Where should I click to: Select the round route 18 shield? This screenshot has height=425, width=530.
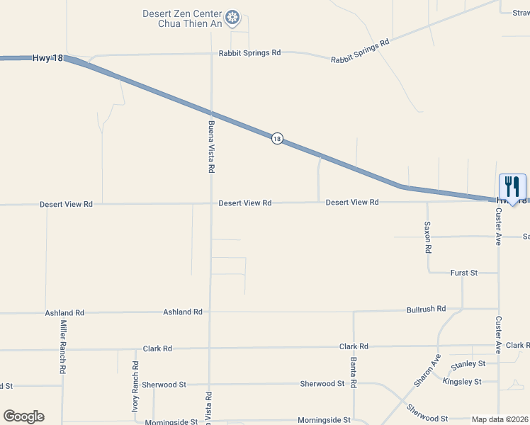pos(277,139)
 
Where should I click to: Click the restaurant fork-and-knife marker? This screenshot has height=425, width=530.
pos(512,188)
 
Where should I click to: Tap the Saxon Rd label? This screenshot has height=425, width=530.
pos(427,237)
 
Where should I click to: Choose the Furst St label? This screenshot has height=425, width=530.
pos(464,273)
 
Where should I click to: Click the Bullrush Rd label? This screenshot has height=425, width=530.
pos(426,309)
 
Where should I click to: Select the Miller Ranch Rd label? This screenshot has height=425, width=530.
pos(63,347)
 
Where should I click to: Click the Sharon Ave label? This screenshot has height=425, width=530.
pos(427,370)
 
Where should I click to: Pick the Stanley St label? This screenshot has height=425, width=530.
pos(468,363)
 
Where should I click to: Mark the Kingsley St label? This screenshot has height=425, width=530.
pos(461,381)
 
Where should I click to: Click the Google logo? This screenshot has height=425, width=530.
pos(24,416)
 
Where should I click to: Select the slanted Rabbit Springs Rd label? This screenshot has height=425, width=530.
pos(360,52)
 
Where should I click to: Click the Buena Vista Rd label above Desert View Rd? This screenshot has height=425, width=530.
pos(210,147)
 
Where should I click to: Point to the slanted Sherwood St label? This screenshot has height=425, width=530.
pos(427,414)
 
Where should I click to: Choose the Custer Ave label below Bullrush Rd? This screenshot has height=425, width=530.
pos(498,335)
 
